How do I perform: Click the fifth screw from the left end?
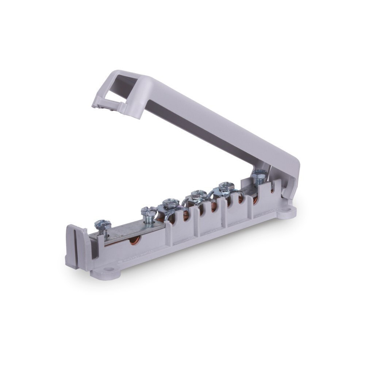coord(226,186)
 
